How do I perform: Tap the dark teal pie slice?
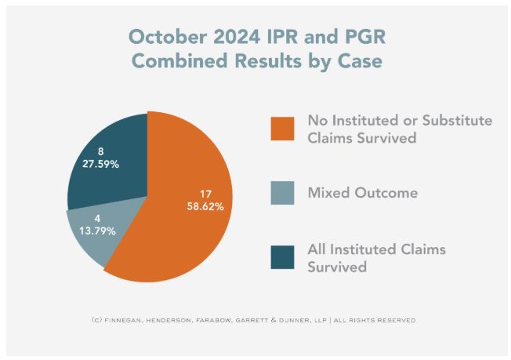110,153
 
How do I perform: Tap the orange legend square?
283,129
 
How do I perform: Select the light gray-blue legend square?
283,192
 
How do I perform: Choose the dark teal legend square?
283,257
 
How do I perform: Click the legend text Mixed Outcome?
362,192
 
